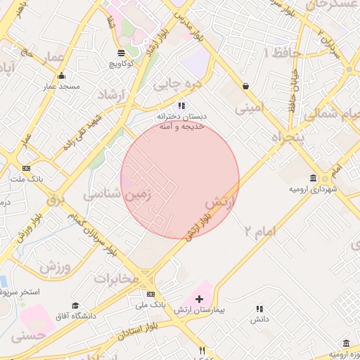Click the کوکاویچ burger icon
click(x=122, y=53)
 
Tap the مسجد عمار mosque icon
click(x=61, y=76)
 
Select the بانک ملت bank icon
click(x=27, y=168)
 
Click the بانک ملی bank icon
click(x=150, y=295)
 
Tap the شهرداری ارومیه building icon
click(x=313, y=178)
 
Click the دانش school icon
click(x=259, y=308)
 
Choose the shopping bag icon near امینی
click(x=246, y=86)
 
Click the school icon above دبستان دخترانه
click(x=181, y=105)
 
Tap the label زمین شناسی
click(x=118, y=195)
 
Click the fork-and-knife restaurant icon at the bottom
click(x=202, y=350)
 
